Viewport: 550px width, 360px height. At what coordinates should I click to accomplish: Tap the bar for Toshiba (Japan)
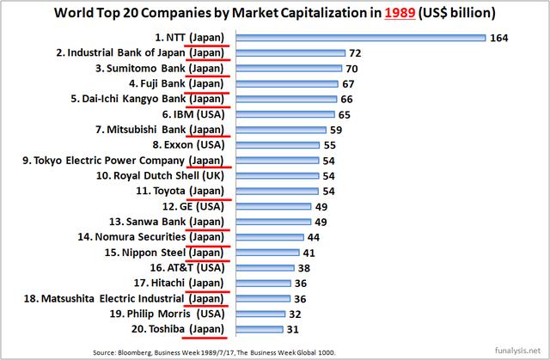coord(257,330)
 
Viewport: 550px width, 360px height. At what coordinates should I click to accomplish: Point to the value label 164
coord(501,38)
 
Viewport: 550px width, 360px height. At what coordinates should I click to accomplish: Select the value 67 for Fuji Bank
coord(349,84)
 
